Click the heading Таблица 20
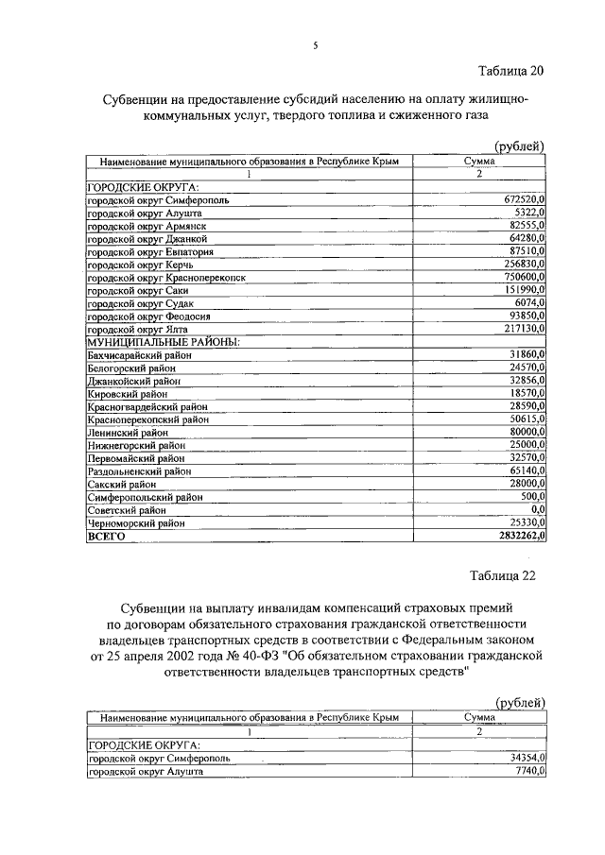511,71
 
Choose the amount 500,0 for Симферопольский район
533,496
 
